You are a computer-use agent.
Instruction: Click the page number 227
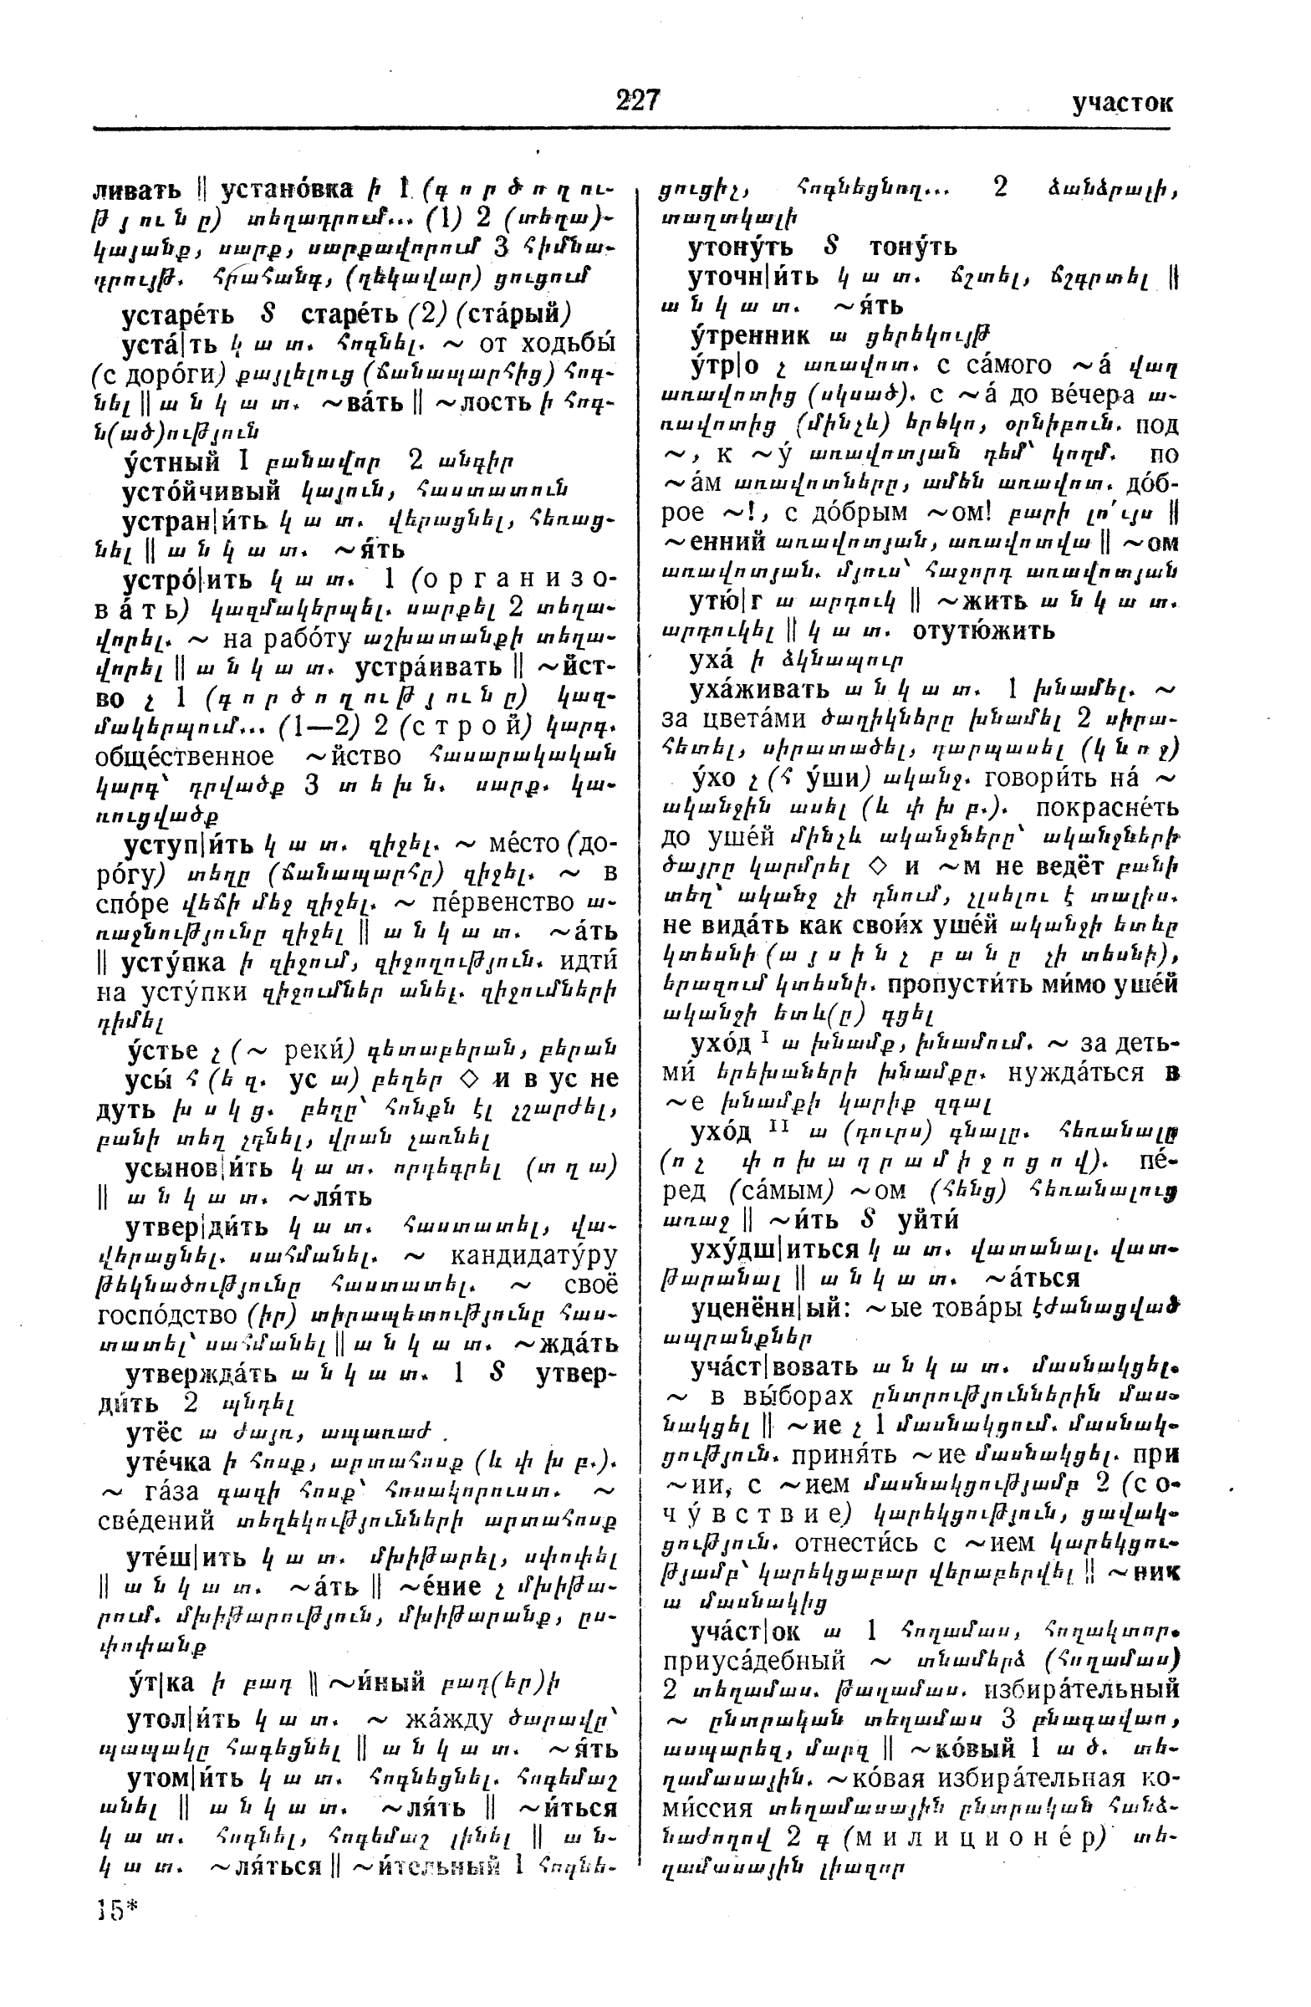point(637,100)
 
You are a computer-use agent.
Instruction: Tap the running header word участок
point(1122,103)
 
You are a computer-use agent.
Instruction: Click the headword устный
point(171,462)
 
